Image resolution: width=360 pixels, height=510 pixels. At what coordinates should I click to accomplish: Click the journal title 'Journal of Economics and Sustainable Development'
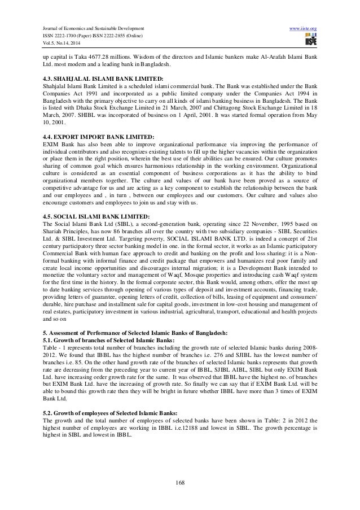tap(89, 27)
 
